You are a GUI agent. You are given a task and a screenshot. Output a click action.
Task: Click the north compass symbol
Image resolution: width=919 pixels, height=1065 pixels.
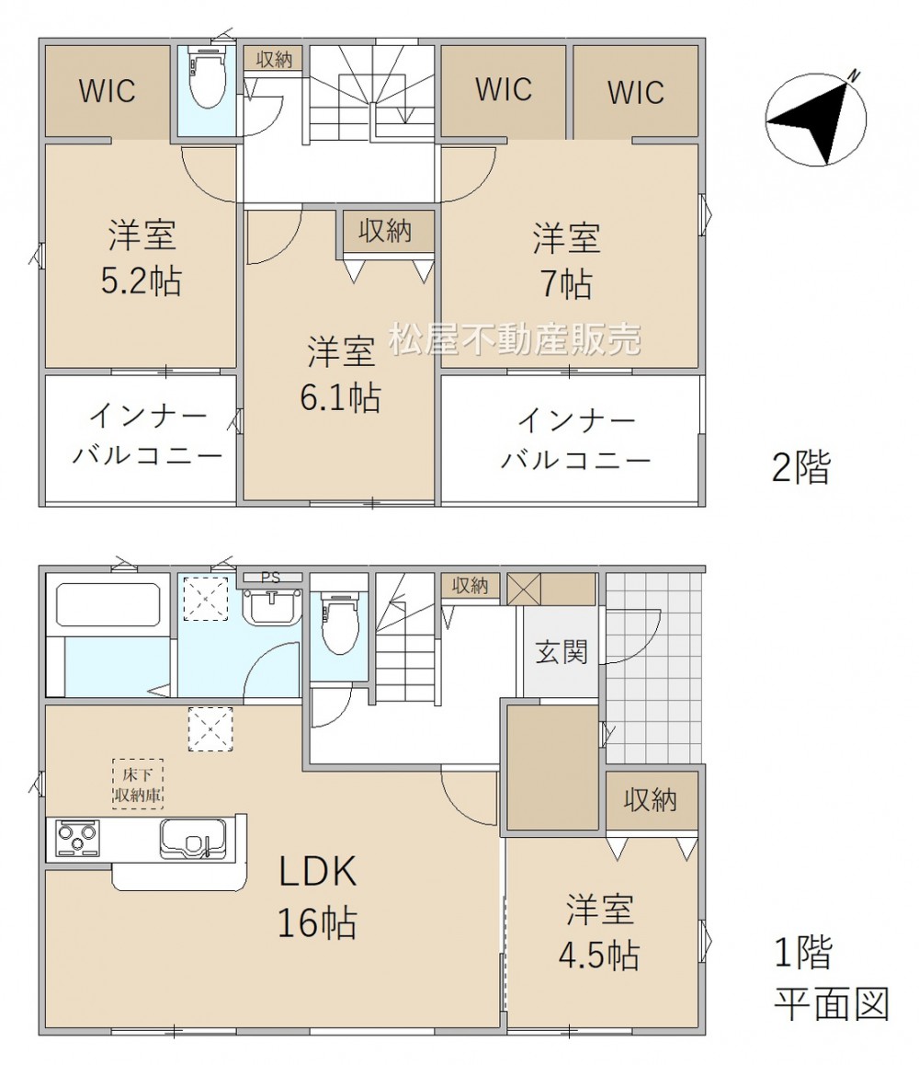816,119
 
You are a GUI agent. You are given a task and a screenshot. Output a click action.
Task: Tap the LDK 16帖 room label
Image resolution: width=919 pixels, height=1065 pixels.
318,896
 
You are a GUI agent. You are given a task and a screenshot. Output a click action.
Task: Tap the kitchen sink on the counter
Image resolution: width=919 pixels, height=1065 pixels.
193,840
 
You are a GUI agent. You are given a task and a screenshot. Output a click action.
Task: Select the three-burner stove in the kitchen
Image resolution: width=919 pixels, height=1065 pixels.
77,839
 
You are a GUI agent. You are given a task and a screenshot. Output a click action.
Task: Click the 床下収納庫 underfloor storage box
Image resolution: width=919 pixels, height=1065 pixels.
138,784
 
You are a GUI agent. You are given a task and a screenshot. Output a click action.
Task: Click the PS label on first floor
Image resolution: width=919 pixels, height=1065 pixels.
271,578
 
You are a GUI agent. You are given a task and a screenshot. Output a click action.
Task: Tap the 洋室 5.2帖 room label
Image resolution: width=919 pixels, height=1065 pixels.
142,258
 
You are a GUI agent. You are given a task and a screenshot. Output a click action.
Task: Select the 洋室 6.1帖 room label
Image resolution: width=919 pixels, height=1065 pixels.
341,373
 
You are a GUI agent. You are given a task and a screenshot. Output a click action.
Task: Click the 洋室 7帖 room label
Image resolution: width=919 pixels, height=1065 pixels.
567,260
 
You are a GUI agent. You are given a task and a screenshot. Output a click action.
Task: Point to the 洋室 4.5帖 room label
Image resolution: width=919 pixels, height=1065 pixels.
599,932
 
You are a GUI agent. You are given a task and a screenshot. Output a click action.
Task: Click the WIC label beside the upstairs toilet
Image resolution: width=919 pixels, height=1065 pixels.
108,91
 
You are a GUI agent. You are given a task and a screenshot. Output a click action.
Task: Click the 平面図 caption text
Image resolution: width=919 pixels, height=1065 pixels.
832,1004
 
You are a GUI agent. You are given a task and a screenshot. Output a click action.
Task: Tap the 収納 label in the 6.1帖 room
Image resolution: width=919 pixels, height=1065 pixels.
385,232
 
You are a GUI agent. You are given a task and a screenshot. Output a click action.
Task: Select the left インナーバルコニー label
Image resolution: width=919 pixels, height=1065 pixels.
147,435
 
